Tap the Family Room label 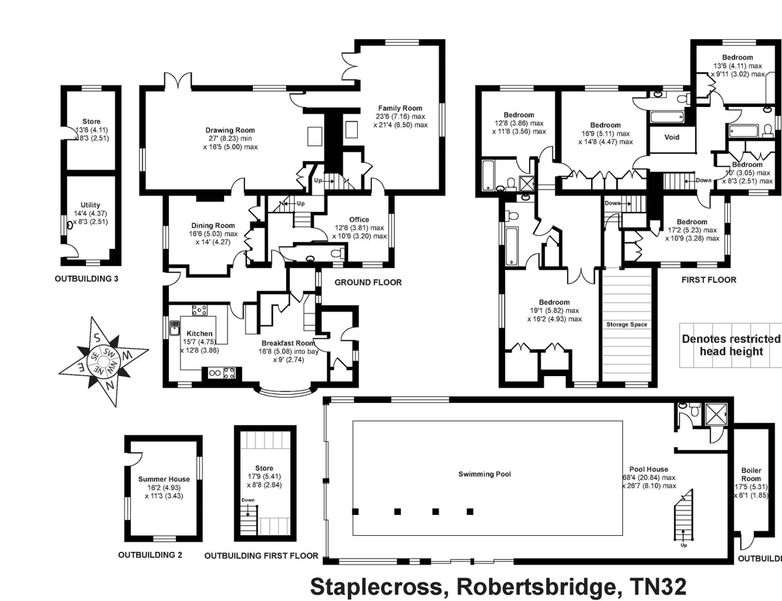(400, 108)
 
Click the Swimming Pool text (484, 474)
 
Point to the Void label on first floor (672, 138)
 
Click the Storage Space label (626, 324)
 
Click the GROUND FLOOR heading (368, 282)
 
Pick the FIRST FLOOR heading (708, 280)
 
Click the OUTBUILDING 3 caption (91, 278)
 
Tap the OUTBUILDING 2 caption (150, 555)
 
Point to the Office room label (358, 220)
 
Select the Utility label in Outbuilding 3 (91, 205)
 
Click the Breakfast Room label (288, 343)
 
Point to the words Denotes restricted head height (731, 345)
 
